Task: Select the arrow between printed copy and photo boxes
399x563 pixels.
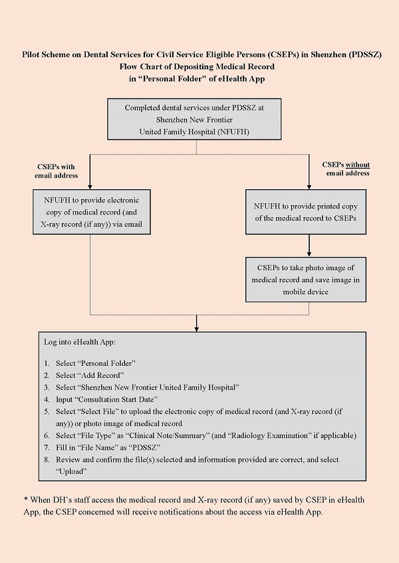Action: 309,246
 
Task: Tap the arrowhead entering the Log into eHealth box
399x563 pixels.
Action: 197,327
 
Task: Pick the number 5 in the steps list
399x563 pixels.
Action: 47,412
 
